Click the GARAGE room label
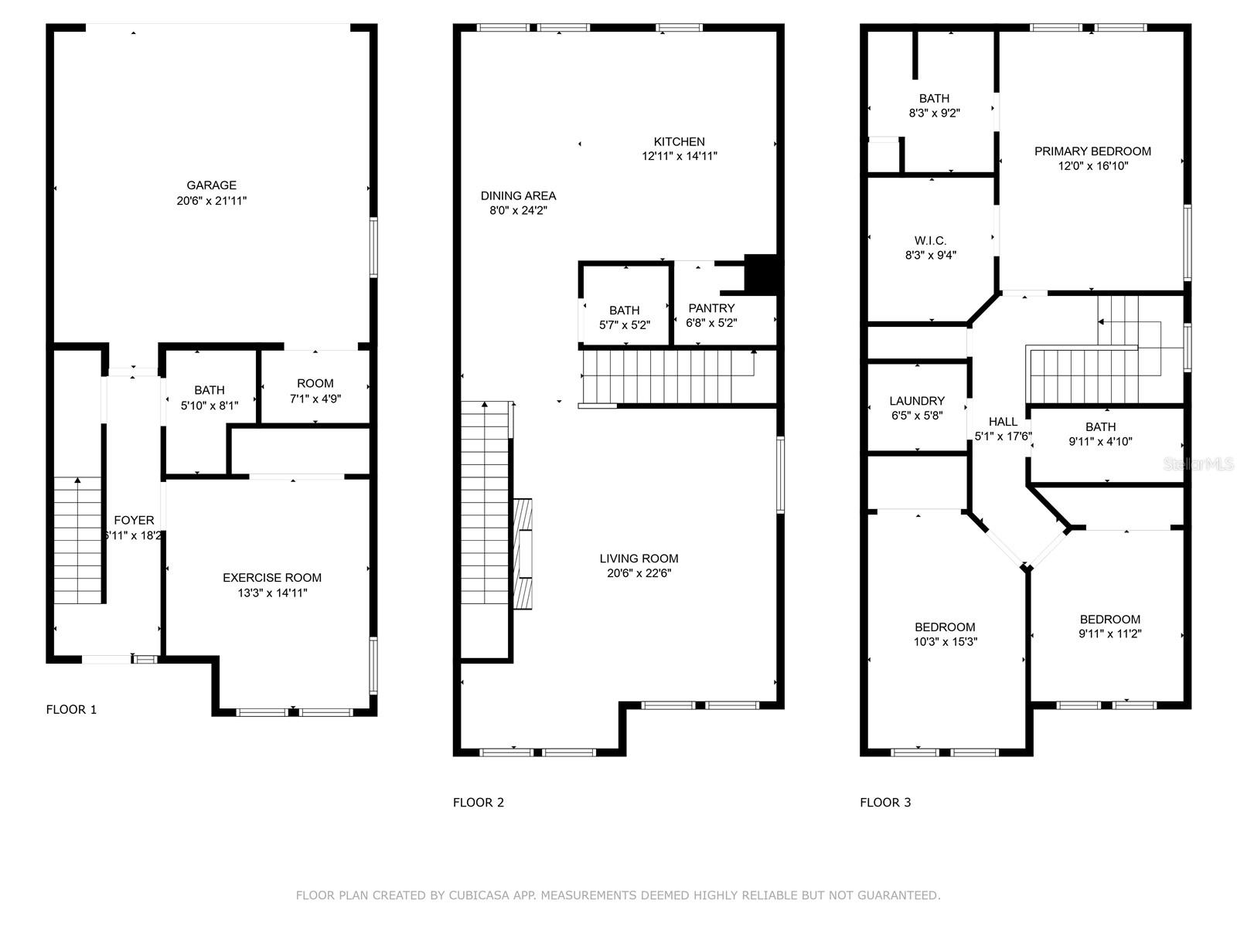tap(211, 185)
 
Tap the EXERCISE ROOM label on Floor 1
tap(271, 578)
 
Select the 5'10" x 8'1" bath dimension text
tap(210, 405)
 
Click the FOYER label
tap(134, 521)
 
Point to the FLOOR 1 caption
tap(71, 709)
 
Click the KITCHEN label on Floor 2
tap(679, 141)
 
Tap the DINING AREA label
tap(518, 195)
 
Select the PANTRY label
tap(711, 308)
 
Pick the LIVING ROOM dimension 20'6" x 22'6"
tap(639, 573)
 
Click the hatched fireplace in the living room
tap(523, 554)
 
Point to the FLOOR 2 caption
tap(478, 803)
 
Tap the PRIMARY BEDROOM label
tap(1092, 151)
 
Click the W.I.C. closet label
tap(930, 241)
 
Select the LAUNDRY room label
tap(917, 401)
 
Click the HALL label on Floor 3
tap(1003, 422)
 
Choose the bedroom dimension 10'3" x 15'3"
tap(945, 641)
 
